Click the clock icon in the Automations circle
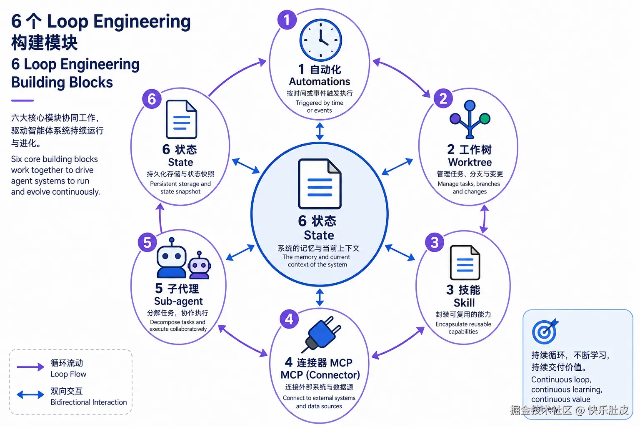(320, 40)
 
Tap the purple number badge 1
(287, 20)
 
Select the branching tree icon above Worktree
(470, 119)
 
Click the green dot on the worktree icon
(485, 118)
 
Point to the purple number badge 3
(434, 242)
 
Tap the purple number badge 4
(289, 319)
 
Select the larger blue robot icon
(171, 258)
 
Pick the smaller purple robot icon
(199, 265)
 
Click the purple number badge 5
(147, 242)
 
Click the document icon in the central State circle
(320, 184)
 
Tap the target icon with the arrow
(545, 331)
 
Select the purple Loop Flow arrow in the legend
(30, 367)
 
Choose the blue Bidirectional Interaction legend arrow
(30, 394)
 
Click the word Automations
(320, 81)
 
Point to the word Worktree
(470, 162)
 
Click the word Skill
(464, 303)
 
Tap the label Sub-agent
(178, 301)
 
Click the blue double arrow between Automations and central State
(320, 131)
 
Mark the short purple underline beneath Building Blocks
(22, 100)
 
